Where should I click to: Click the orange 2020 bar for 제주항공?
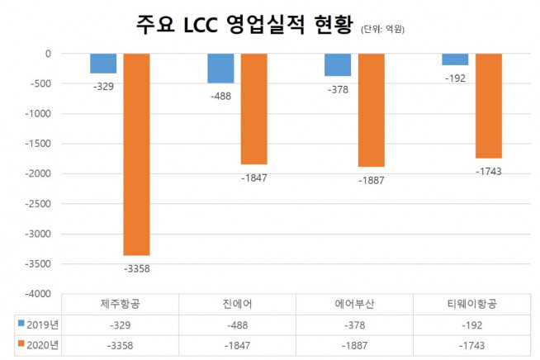pyautogui.click(x=137, y=154)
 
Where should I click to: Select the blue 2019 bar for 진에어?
pyautogui.click(x=220, y=69)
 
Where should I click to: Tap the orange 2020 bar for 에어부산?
pyautogui.click(x=371, y=110)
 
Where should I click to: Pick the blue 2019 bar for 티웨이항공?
pyautogui.click(x=455, y=59)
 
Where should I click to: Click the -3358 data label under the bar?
pyautogui.click(x=137, y=268)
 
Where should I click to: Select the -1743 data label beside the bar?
pyautogui.click(x=489, y=171)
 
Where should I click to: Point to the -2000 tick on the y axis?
pyautogui.click(x=37, y=173)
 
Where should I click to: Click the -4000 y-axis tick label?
pyautogui.click(x=37, y=293)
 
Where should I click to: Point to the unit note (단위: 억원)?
pyautogui.click(x=388, y=30)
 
